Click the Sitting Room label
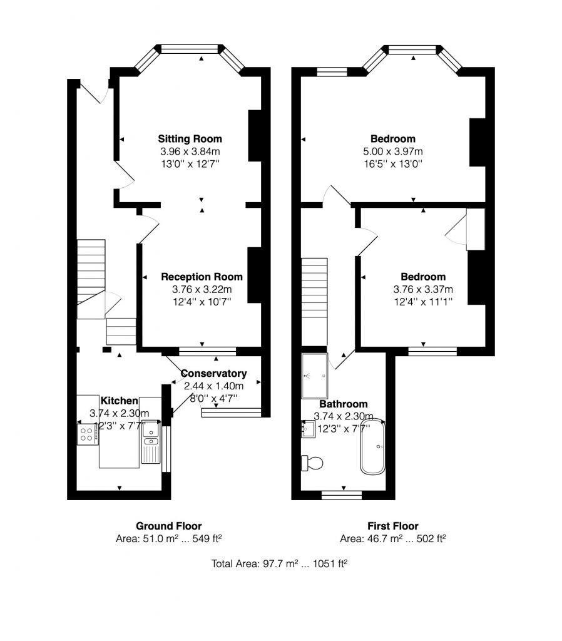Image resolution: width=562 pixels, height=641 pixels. coord(190,138)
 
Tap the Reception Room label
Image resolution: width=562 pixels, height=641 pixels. coord(202,277)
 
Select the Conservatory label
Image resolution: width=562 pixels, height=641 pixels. coord(213,374)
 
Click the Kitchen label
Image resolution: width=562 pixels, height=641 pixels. coord(119,400)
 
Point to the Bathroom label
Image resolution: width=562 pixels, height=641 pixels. coord(344,404)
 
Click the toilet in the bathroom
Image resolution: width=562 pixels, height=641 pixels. coord(312,463)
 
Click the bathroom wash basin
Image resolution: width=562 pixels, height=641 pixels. coord(307,429)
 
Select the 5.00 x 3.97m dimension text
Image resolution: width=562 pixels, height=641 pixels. coord(392,151)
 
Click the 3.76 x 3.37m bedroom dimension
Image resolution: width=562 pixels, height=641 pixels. coord(423,289)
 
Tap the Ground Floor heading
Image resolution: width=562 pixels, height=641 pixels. coord(169,526)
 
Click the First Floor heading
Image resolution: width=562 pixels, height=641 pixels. coord(392,526)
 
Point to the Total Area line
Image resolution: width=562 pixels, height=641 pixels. coord(280,564)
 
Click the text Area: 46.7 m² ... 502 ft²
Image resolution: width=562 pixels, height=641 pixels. coord(392,538)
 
